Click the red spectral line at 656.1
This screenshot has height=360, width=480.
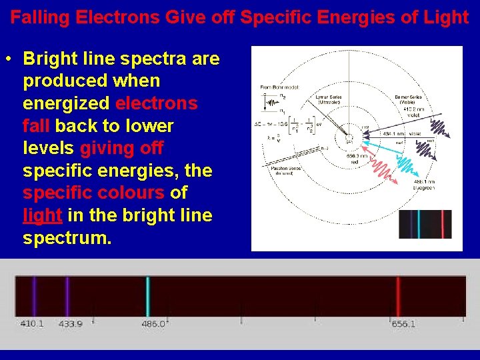point(398,296)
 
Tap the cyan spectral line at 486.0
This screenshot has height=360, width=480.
point(148,296)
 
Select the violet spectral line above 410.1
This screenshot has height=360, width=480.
point(34,296)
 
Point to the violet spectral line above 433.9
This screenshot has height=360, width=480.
point(67,296)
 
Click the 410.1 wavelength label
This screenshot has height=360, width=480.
point(32,323)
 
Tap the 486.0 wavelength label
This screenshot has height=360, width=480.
point(153,323)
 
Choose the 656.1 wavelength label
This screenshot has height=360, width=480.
point(403,323)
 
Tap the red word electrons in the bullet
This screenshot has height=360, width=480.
point(156,103)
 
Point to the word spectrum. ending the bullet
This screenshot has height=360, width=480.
point(67,238)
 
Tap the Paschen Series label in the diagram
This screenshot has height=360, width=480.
point(287,170)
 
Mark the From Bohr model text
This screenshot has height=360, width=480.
point(280,87)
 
